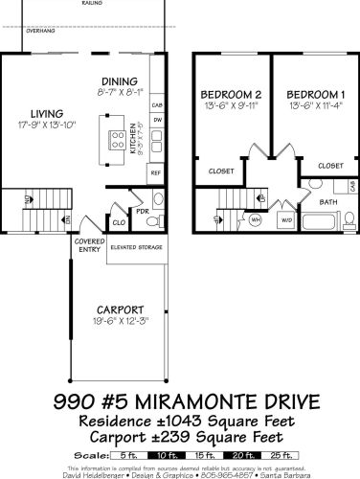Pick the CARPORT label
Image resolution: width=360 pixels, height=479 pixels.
(x=120, y=309)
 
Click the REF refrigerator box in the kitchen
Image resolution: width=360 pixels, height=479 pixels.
(x=155, y=172)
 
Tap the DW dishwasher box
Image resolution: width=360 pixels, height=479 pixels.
(x=156, y=121)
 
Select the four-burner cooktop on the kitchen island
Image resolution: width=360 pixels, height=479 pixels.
(x=118, y=142)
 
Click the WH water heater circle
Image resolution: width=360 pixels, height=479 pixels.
(x=256, y=218)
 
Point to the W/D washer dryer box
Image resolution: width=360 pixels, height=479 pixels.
(x=286, y=219)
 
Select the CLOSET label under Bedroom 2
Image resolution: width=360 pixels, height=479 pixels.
(x=220, y=171)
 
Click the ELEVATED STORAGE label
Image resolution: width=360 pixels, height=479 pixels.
(x=134, y=247)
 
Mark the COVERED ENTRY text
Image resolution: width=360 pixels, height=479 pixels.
(x=89, y=246)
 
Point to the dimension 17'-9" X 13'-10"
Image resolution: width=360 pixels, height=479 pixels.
(x=47, y=125)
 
